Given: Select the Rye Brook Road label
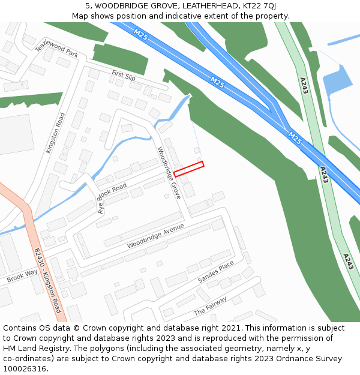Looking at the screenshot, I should point(113,197).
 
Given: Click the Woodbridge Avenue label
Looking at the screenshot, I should point(155,237).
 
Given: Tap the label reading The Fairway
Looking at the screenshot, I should point(210,306).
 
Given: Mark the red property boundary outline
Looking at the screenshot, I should point(189,169).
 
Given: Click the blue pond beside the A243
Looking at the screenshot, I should point(337,81).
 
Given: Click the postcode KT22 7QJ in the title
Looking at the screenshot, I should point(259,5).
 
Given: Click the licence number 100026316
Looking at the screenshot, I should point(24,368).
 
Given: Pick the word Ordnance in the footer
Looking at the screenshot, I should point(286,359).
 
